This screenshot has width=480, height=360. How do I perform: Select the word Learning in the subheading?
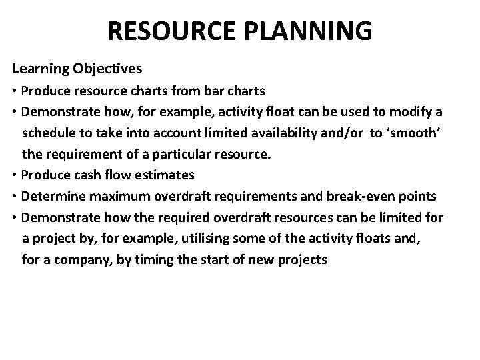(x=37, y=69)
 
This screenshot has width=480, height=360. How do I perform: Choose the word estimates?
(x=168, y=175)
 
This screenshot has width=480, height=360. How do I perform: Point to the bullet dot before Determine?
(x=15, y=197)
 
